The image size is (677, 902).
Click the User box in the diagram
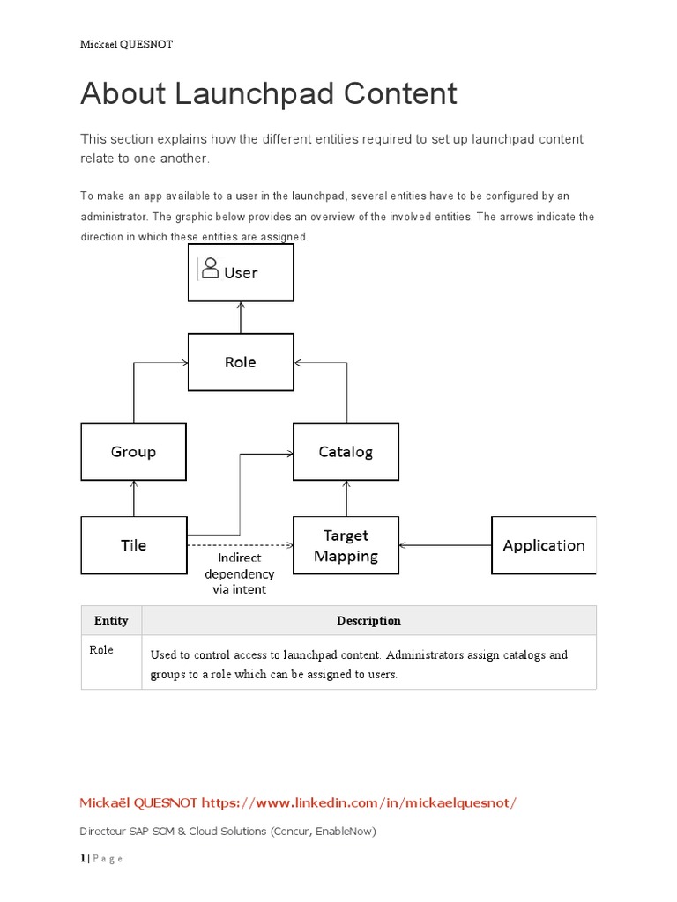tap(241, 273)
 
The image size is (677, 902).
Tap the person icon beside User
tap(210, 269)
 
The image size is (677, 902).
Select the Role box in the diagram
tap(241, 362)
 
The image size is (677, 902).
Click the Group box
tap(133, 452)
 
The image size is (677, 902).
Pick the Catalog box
tap(346, 452)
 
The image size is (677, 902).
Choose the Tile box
tap(133, 545)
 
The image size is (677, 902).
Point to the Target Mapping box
tap(346, 545)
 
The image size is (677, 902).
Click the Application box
tap(543, 545)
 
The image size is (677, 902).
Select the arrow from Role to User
tap(241, 318)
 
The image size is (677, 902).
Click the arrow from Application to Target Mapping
tap(445, 545)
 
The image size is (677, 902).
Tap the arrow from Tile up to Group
tap(133, 499)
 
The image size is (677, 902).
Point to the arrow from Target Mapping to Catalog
tap(346, 499)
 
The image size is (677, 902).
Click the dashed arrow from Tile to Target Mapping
tap(240, 546)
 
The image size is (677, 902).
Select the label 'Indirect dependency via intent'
tap(240, 574)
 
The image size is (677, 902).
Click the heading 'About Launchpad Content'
tap(269, 93)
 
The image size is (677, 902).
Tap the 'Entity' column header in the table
tap(111, 620)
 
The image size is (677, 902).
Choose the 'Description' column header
tap(368, 620)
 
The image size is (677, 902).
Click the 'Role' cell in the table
tap(101, 651)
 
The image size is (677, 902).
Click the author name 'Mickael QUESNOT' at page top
tap(126, 44)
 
